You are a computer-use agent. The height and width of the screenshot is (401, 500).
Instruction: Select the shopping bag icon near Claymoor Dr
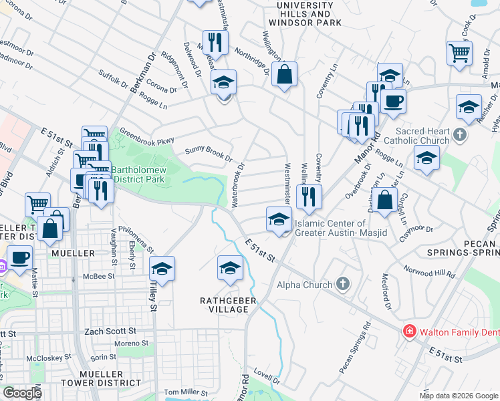pyautogui.click(x=384, y=199)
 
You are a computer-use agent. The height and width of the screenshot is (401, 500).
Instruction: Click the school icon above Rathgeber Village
pyautogui.click(x=229, y=267)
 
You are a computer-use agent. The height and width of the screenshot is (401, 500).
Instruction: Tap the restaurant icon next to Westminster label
pyautogui.click(x=309, y=195)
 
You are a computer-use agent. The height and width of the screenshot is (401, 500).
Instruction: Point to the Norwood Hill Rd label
pyautogui.click(x=429, y=271)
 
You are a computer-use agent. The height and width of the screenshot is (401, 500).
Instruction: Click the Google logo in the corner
pyautogui.click(x=21, y=393)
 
